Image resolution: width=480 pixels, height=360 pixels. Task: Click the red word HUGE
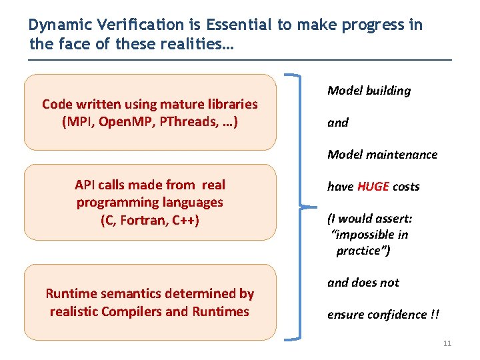coord(373,187)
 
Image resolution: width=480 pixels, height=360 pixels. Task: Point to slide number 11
coord(447,343)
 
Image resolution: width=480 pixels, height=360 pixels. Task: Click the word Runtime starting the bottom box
coord(69,293)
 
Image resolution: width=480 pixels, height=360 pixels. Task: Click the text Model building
coord(369,91)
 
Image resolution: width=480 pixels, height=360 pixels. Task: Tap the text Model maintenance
coord(382,155)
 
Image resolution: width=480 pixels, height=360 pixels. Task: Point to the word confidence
coord(395,315)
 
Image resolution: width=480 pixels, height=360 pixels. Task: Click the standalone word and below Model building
coord(337,123)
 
